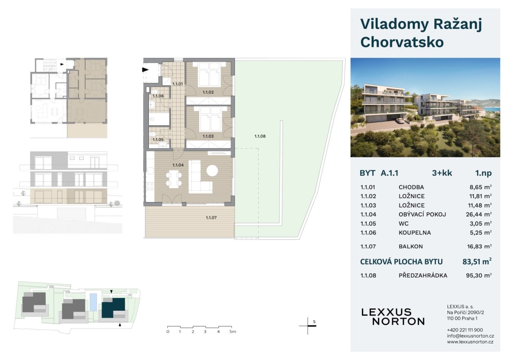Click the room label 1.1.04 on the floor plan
click(178, 165)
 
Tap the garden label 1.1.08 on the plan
click(260, 136)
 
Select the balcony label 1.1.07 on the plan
click(211, 218)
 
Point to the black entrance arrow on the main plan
click(145, 70)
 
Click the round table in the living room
click(212, 170)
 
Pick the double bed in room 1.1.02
click(209, 75)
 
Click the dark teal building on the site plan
click(113, 308)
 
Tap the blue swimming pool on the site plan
click(93, 302)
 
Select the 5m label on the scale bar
click(233, 332)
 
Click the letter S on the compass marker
click(314, 321)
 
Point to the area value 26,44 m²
click(479, 214)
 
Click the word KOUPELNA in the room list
click(415, 233)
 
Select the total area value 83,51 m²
click(477, 262)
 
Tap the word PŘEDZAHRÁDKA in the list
click(423, 276)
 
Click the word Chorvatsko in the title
click(402, 42)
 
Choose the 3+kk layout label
click(442, 173)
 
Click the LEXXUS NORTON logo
click(393, 317)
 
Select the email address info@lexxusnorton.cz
click(470, 336)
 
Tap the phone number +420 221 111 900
click(465, 330)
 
